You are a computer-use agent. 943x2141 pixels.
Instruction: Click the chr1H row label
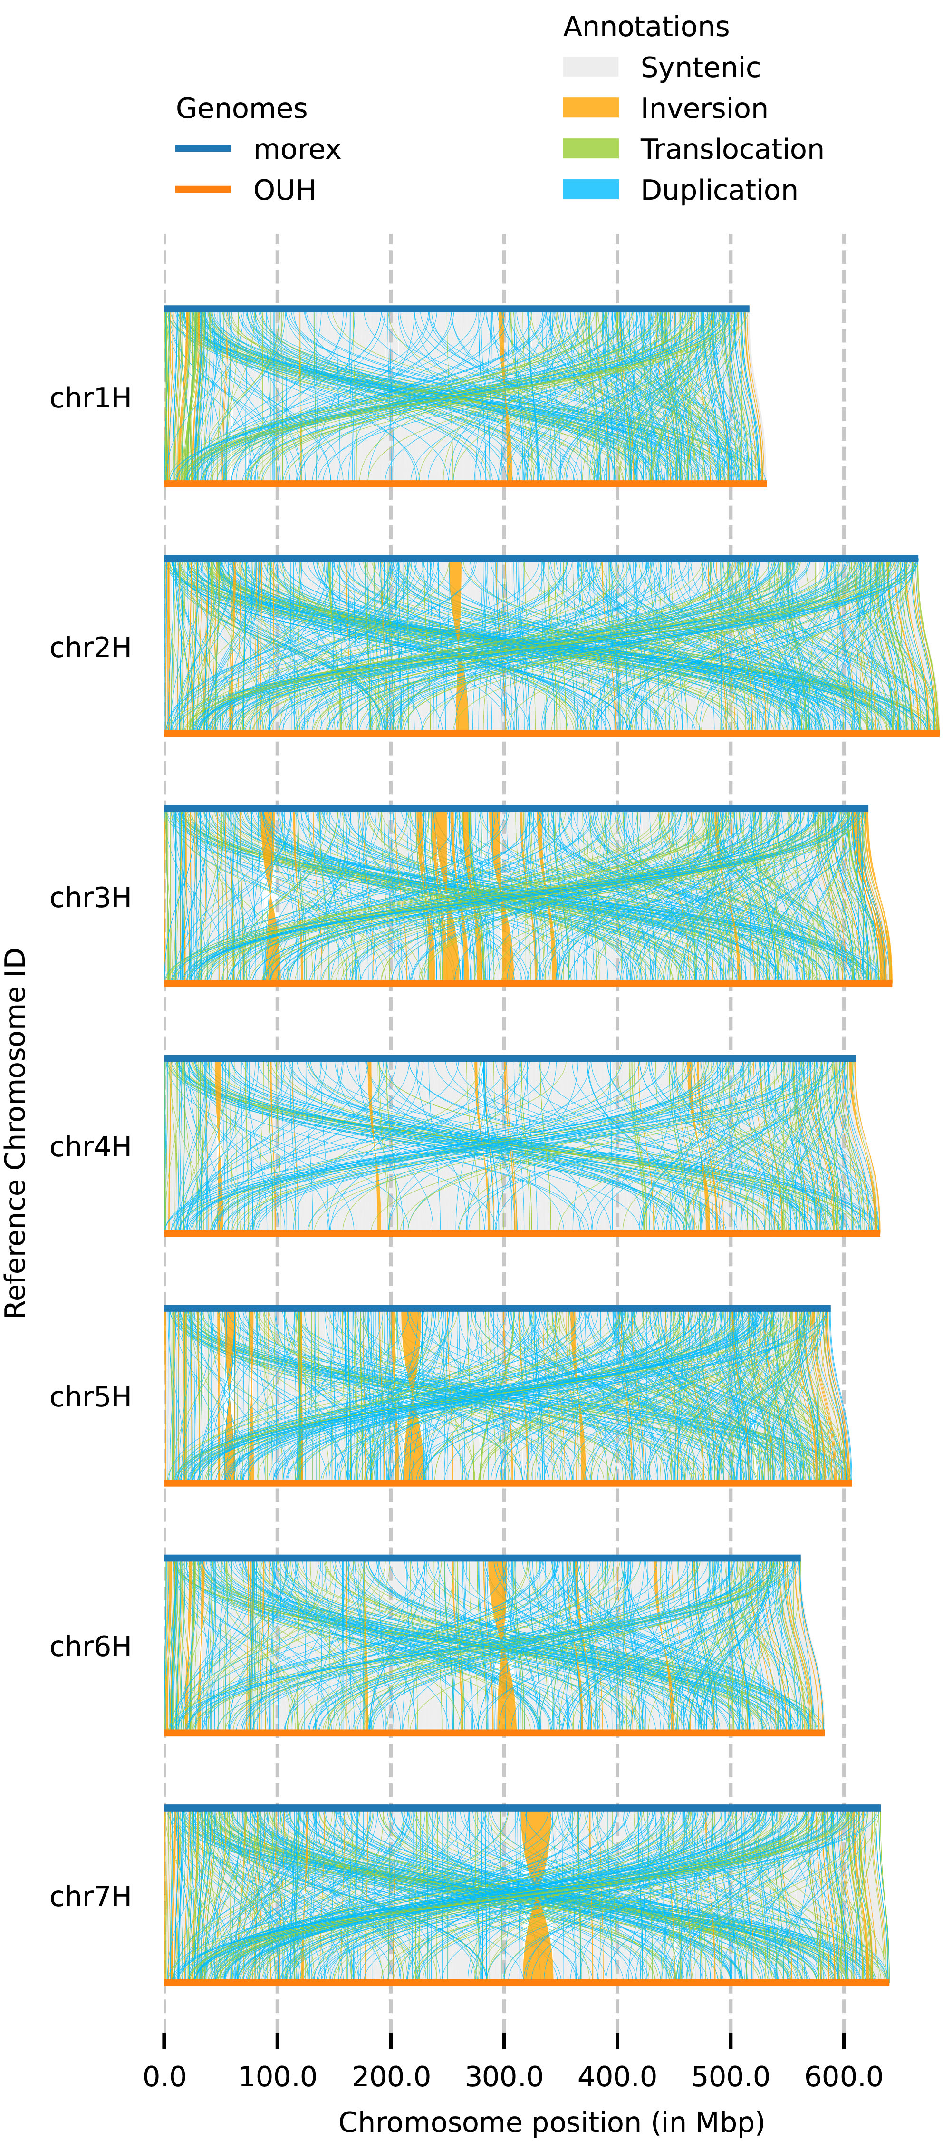pyautogui.click(x=91, y=398)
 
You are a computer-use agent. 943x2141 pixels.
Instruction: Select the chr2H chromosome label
pyautogui.click(x=91, y=648)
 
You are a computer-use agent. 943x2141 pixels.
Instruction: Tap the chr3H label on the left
pyautogui.click(x=91, y=898)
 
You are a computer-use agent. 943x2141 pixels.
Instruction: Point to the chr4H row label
pyautogui.click(x=91, y=1147)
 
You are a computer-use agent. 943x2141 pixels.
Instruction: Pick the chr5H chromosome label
pyautogui.click(x=91, y=1397)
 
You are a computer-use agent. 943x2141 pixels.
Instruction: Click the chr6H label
pyautogui.click(x=91, y=1647)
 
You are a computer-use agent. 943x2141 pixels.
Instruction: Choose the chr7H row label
pyautogui.click(x=91, y=1897)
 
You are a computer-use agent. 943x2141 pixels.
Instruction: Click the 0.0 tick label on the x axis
pyautogui.click(x=164, y=2077)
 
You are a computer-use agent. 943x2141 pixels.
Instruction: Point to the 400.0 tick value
pyautogui.click(x=617, y=2077)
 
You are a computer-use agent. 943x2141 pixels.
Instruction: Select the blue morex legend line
pyautogui.click(x=203, y=149)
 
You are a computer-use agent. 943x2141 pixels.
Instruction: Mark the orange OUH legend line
pyautogui.click(x=203, y=190)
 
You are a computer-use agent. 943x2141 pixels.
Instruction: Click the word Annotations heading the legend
pyautogui.click(x=645, y=27)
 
